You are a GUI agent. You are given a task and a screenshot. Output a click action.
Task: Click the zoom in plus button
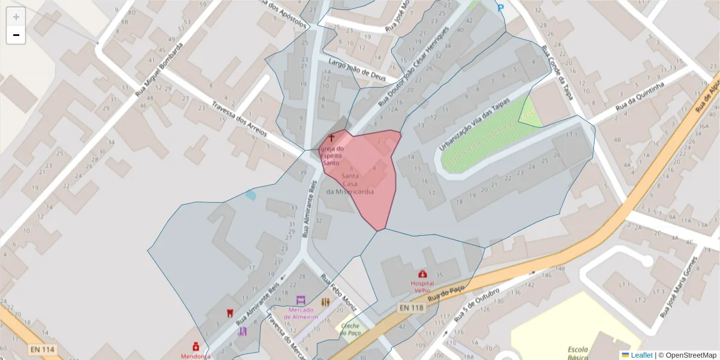(16, 17)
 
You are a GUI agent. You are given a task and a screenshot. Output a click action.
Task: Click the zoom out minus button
(16, 35)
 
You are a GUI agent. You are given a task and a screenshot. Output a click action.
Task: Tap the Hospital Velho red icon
(422, 274)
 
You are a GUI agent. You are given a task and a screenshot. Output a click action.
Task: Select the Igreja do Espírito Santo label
(332, 155)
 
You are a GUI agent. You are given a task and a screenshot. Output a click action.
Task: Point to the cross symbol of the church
(331, 139)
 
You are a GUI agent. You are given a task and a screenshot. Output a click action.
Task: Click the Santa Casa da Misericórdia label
(350, 184)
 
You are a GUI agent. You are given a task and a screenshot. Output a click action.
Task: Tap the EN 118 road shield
(410, 308)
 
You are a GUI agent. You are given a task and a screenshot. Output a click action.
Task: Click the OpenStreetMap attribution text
(687, 355)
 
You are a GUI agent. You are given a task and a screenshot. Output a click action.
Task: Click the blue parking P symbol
(500, 8)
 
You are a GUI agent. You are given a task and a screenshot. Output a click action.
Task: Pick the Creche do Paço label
(350, 329)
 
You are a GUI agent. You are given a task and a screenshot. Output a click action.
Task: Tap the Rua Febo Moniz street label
(339, 293)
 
